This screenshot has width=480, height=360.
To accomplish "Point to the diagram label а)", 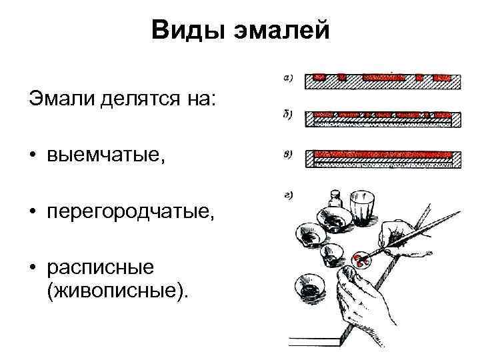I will coord(289,78).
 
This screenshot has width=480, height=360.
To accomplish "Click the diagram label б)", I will coord(289,116).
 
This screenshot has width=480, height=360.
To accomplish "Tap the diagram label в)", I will coord(289,155).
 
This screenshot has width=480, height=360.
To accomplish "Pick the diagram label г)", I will coord(289,195).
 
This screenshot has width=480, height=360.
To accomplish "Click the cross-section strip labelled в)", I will coord(383,159).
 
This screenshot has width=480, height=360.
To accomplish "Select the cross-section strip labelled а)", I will coord(383,81).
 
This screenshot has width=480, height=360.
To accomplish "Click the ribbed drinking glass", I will coord(363,211).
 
